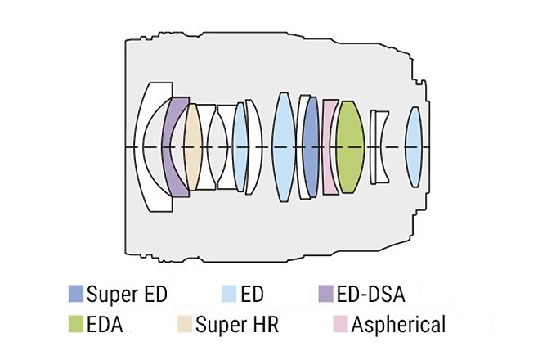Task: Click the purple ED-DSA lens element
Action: (x=173, y=147)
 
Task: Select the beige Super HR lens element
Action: (x=192, y=147)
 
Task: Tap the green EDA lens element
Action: (x=350, y=147)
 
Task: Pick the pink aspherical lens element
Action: (x=330, y=147)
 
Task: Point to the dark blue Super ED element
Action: (x=310, y=147)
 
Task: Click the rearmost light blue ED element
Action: (x=413, y=147)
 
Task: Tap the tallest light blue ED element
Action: (x=283, y=147)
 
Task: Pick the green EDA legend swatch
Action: (x=76, y=325)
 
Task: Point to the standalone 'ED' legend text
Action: (x=254, y=293)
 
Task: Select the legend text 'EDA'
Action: (x=105, y=325)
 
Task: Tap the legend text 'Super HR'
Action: (x=238, y=325)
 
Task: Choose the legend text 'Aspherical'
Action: (x=398, y=325)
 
